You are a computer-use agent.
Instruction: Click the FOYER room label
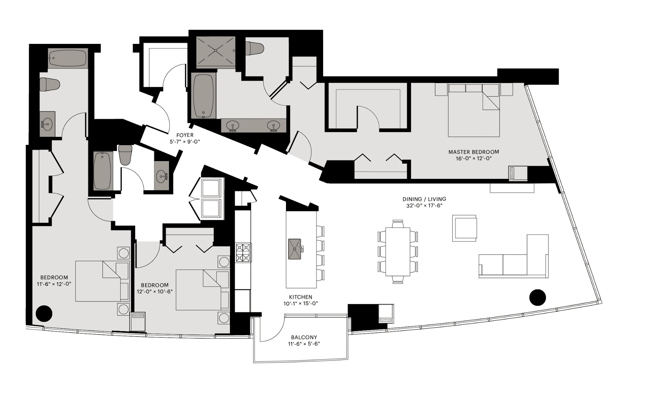(185, 135)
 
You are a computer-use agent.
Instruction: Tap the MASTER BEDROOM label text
(473, 152)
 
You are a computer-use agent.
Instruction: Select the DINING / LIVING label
(424, 199)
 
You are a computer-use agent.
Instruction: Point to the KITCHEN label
(300, 297)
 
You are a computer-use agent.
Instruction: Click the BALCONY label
(304, 337)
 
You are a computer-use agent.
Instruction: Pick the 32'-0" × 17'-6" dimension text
(424, 206)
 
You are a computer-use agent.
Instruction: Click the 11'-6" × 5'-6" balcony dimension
(304, 344)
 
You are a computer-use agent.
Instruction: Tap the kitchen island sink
(295, 249)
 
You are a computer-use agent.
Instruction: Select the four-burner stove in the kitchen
(243, 253)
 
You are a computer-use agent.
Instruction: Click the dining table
(398, 252)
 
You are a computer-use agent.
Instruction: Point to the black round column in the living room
(537, 297)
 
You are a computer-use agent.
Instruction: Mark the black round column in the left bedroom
(44, 313)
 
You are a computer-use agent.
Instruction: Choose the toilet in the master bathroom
(254, 48)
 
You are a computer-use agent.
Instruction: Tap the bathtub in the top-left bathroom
(68, 58)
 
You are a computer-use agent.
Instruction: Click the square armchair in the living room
(465, 228)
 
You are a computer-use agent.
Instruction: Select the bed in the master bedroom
(474, 110)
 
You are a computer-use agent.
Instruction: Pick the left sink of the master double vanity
(233, 126)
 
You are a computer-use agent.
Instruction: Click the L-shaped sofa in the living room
(514, 256)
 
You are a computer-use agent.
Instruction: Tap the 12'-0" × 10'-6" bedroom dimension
(155, 292)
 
